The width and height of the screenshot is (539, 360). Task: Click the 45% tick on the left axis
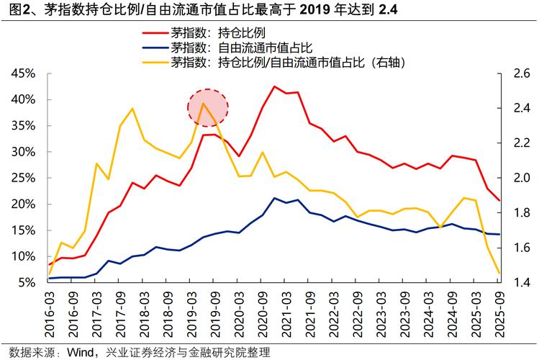pos(24,73)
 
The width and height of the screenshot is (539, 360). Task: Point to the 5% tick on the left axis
pos(27,282)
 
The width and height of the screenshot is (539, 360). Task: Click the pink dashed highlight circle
pos(207,108)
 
